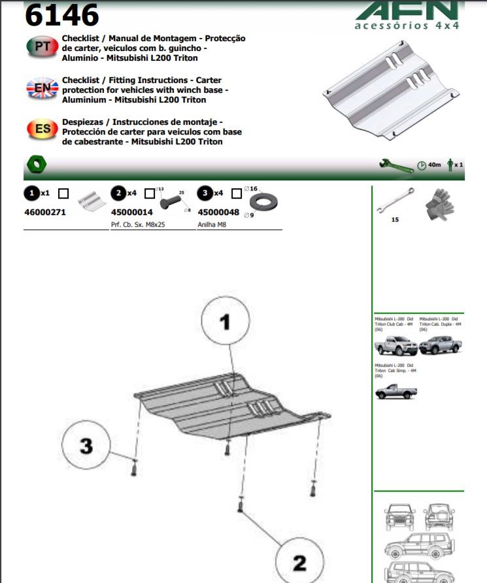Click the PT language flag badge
point(42,47)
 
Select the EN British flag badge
point(42,87)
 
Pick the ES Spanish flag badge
point(42,128)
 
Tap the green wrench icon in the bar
point(395,164)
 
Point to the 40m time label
point(434,165)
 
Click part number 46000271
point(45,212)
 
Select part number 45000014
point(132,212)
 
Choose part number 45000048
point(218,212)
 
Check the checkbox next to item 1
point(63,193)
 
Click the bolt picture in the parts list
point(173,199)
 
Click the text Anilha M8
point(212,224)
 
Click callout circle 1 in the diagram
point(226,322)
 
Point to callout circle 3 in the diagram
point(86,446)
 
